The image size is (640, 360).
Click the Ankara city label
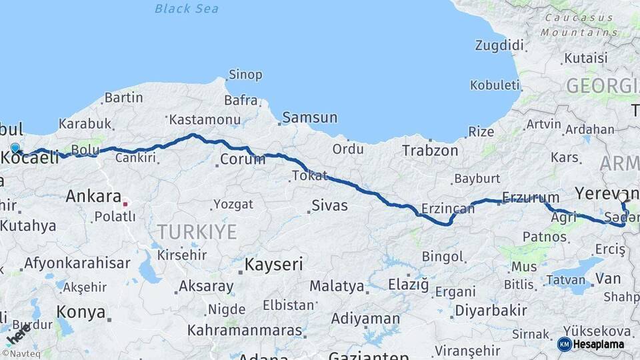[x=93, y=197]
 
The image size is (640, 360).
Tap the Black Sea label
[x=187, y=9]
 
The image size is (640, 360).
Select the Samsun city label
[x=310, y=118]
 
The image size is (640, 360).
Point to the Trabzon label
[x=430, y=151]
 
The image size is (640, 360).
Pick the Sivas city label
[x=330, y=205]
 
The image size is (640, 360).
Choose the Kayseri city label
[x=273, y=265]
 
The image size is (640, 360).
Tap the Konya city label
[x=81, y=312]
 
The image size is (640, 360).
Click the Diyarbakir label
[x=491, y=311]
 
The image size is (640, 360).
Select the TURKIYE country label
[x=197, y=232]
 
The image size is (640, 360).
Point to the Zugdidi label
[x=499, y=45]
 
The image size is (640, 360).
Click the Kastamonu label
[x=205, y=120]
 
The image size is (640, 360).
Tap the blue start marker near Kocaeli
[x=15, y=148]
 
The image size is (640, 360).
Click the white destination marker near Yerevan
[x=623, y=197]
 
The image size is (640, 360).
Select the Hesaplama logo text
[x=598, y=344]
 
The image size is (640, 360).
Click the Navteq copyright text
[x=21, y=353]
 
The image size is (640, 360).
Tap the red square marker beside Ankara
[x=125, y=203]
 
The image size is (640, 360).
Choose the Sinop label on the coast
[x=245, y=75]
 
